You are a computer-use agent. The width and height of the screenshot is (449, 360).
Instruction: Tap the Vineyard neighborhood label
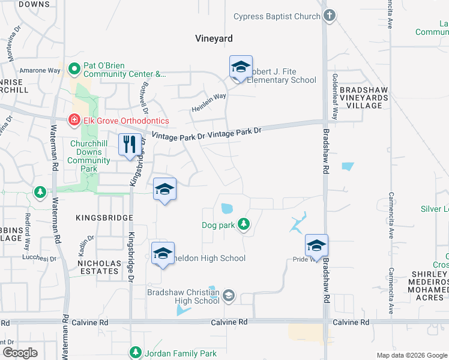[214, 38]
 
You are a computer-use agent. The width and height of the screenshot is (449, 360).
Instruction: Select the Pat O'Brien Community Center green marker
[75, 69]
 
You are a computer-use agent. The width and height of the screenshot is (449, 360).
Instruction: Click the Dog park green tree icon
[243, 224]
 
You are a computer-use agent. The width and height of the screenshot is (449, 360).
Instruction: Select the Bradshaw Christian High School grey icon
[229, 295]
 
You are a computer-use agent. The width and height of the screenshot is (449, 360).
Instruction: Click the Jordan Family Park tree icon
[136, 353]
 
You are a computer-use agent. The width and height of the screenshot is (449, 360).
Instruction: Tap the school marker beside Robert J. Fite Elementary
[241, 67]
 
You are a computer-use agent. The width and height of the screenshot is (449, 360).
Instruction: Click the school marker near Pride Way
[316, 246]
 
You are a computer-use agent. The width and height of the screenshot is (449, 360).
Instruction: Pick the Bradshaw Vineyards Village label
[360, 97]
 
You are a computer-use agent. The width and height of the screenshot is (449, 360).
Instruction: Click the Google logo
[20, 353]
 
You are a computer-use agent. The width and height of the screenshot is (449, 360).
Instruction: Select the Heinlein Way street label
[209, 102]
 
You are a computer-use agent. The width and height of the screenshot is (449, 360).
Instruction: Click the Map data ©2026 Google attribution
[411, 355]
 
